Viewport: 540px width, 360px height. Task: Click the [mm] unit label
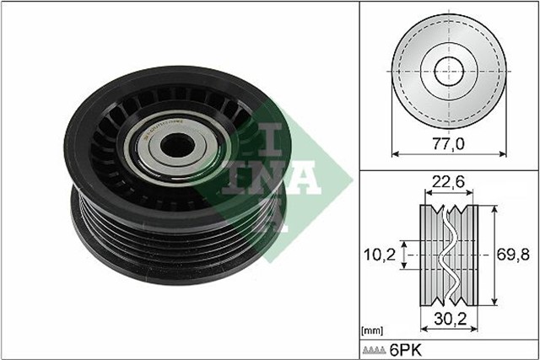(x=370, y=330)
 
